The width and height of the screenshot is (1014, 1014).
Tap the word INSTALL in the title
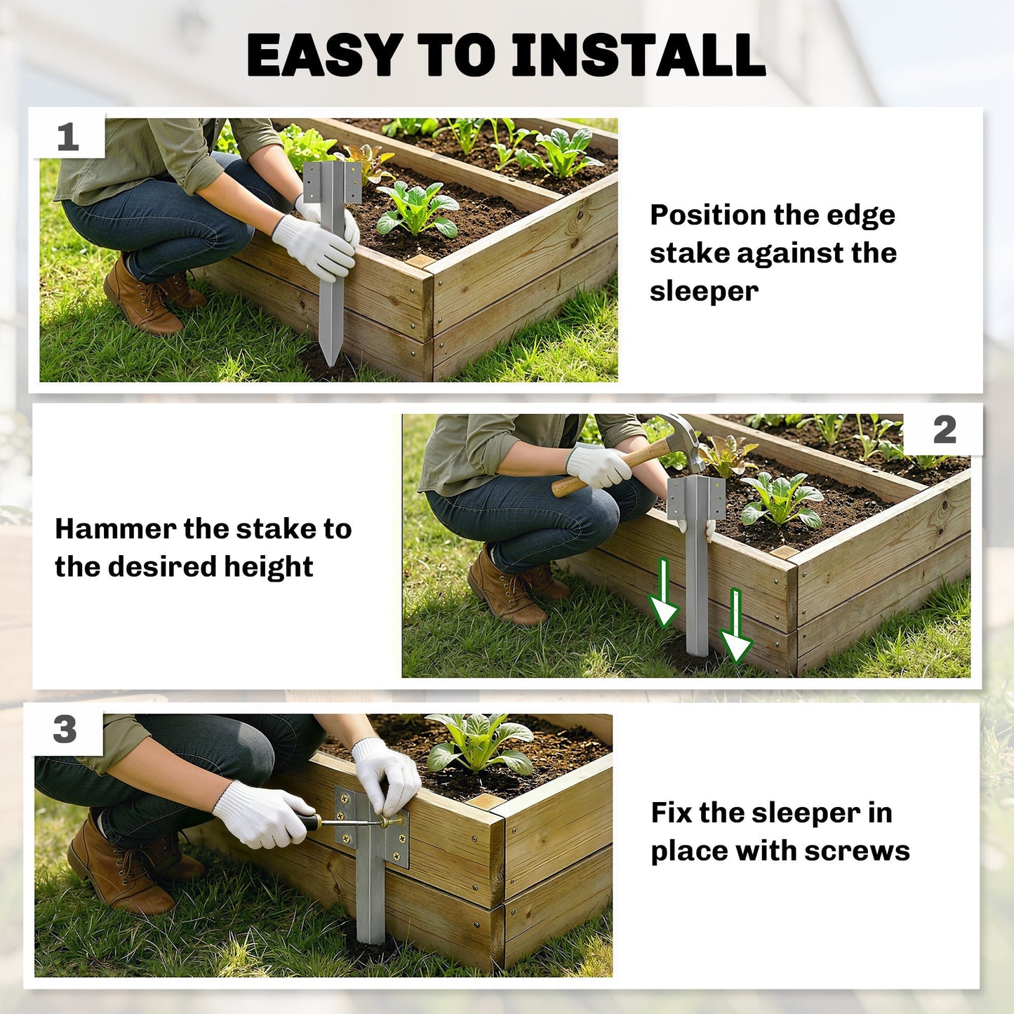[639, 55]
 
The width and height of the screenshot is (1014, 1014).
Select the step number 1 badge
[68, 138]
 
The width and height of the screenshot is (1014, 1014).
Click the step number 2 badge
[944, 430]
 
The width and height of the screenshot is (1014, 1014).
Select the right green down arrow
[735, 625]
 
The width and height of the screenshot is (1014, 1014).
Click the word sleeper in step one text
[704, 292]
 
